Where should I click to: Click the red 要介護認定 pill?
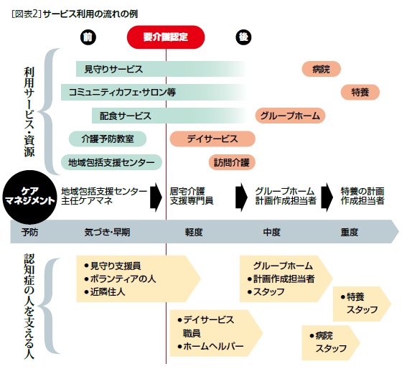point(166,37)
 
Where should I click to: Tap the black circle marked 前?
point(88,37)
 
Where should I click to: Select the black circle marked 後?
point(243,37)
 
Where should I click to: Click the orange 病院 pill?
point(321,69)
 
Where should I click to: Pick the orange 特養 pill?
point(360,92)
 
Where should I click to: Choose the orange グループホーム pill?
point(290,116)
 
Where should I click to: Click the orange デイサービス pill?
point(212,139)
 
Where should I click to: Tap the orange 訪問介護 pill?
point(232,162)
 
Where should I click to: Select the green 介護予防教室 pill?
point(108,139)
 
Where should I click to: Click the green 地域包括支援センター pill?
point(111,162)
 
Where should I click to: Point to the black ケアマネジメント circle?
point(29,197)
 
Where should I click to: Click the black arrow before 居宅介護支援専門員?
point(156,197)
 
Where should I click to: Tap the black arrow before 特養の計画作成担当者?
point(327,197)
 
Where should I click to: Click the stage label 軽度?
point(194,232)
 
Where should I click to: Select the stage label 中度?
point(271,232)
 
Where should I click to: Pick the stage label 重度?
point(349,232)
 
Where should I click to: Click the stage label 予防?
point(29,232)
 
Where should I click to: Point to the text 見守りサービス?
point(113,69)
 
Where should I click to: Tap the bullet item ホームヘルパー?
point(210,346)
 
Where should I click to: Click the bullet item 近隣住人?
point(105,292)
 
